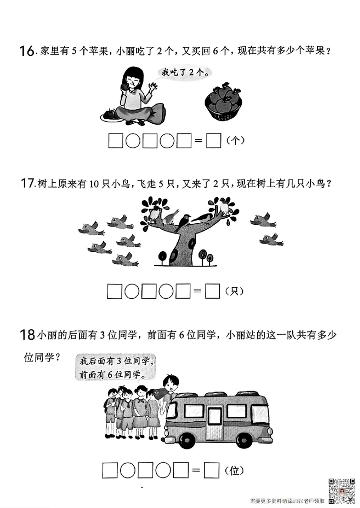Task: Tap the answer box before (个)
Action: tap(213, 141)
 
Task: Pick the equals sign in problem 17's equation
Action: tap(197, 292)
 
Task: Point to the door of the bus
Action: tap(215, 422)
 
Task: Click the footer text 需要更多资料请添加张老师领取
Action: tap(287, 500)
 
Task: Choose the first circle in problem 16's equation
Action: tap(132, 141)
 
